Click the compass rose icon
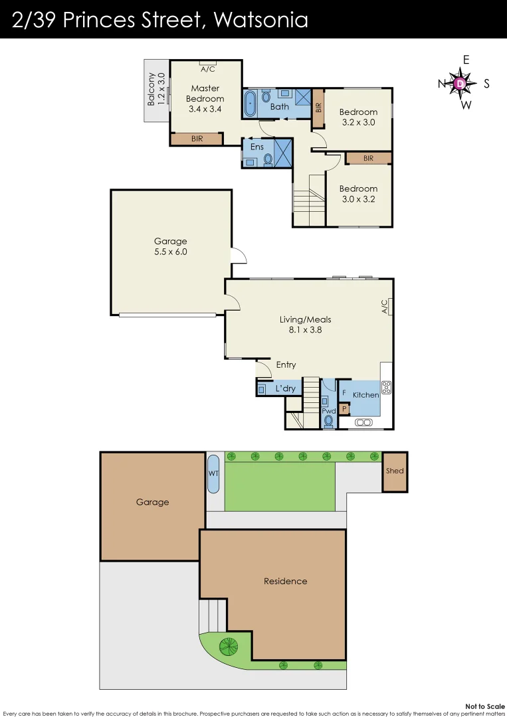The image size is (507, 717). point(460,84)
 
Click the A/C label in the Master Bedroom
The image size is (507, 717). point(207,69)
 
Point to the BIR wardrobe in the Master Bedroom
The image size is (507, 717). point(197,139)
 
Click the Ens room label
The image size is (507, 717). point(257,147)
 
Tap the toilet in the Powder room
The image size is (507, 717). point(328,421)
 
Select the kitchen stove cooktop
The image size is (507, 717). point(386,388)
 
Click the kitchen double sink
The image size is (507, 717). point(363,422)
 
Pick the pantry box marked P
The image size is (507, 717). point(344,409)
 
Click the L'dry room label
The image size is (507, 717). point(285,388)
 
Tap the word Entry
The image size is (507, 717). point(286,364)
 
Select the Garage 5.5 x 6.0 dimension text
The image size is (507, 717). point(171,252)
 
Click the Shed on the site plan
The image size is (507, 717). point(395,471)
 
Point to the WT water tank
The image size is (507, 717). point(214,473)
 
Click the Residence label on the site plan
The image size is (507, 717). point(285,581)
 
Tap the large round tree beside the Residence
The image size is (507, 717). point(229,645)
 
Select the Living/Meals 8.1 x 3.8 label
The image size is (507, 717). point(306,324)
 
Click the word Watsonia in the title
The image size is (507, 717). point(261,20)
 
